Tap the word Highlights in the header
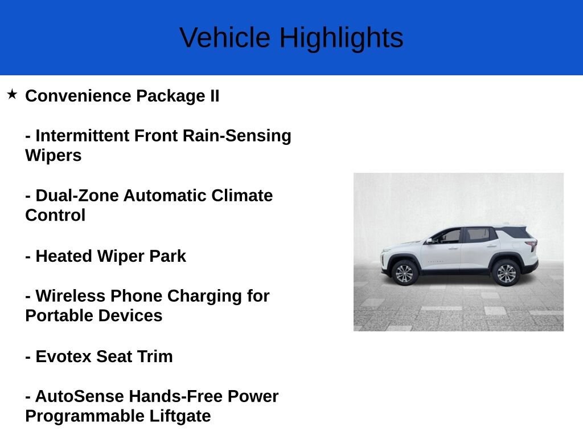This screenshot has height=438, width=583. click(x=341, y=38)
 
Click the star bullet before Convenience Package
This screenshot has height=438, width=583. click(x=13, y=94)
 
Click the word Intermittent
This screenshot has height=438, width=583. click(x=83, y=136)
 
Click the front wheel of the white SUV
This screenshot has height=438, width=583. click(x=405, y=273)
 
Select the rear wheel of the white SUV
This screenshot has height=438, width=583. click(x=506, y=273)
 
